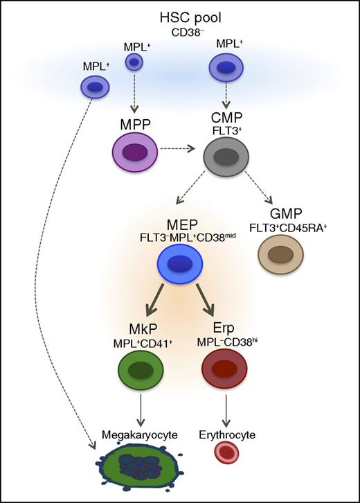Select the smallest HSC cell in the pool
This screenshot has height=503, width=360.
(x=134, y=63)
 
